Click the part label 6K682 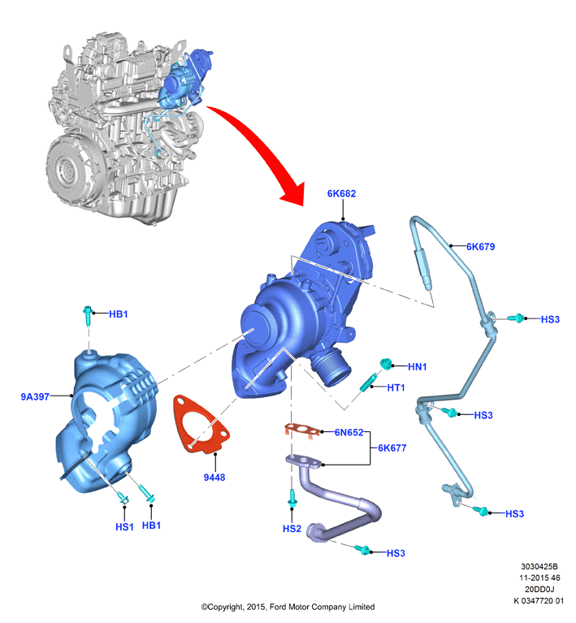(x=341, y=193)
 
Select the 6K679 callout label (x=481, y=247)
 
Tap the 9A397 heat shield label (x=35, y=396)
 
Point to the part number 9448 (x=214, y=477)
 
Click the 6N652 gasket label (x=349, y=432)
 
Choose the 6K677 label (x=392, y=448)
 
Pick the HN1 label (x=418, y=366)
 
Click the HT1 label (x=396, y=387)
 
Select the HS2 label (x=292, y=529)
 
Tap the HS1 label (x=124, y=527)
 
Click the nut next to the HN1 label (x=385, y=363)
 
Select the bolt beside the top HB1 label (x=88, y=315)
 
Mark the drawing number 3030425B (x=539, y=567)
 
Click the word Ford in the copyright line (x=279, y=607)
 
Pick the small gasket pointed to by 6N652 (x=302, y=430)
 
